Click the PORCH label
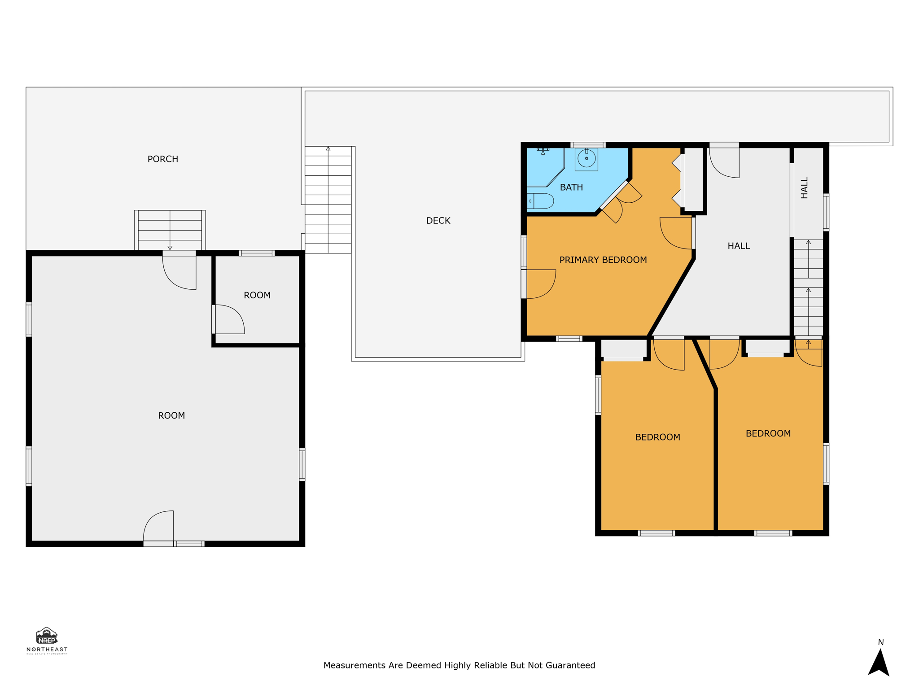tap(163, 159)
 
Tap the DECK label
tap(438, 221)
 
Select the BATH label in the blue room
tap(571, 188)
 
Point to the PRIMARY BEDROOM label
tap(603, 260)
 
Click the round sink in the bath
tap(586, 158)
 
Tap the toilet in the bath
tap(541, 201)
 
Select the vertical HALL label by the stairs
tap(804, 188)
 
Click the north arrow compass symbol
tap(878, 663)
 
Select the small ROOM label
tap(257, 296)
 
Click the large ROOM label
tap(171, 416)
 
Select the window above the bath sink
tap(588, 145)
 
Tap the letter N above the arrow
tap(880, 642)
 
